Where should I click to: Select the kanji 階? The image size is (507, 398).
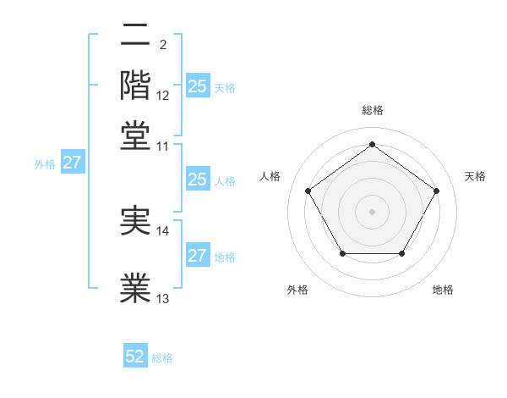pos(136,85)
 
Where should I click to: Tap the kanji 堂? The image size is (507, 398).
pos(136,135)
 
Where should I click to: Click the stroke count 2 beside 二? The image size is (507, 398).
pos(162,45)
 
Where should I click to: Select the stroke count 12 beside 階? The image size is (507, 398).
pos(163,96)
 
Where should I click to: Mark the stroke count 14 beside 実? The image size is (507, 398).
pos(163,230)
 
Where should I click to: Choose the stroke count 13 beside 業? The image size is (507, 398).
pos(163,298)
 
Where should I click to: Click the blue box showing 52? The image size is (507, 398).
pos(135,357)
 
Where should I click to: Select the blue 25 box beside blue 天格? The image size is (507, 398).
pos(197,86)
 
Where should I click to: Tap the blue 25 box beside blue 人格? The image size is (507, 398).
pos(197,180)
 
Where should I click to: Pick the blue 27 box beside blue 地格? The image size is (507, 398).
pos(197,256)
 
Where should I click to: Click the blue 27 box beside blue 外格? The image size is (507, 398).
pos(72,163)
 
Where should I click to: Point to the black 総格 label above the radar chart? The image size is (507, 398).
pos(373,110)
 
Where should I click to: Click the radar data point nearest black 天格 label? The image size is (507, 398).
pos(436,191)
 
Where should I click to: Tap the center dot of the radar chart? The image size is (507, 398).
pos(372,211)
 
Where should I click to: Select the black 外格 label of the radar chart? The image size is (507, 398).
pos(297,290)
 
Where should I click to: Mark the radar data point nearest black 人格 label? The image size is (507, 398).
pos(308,190)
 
